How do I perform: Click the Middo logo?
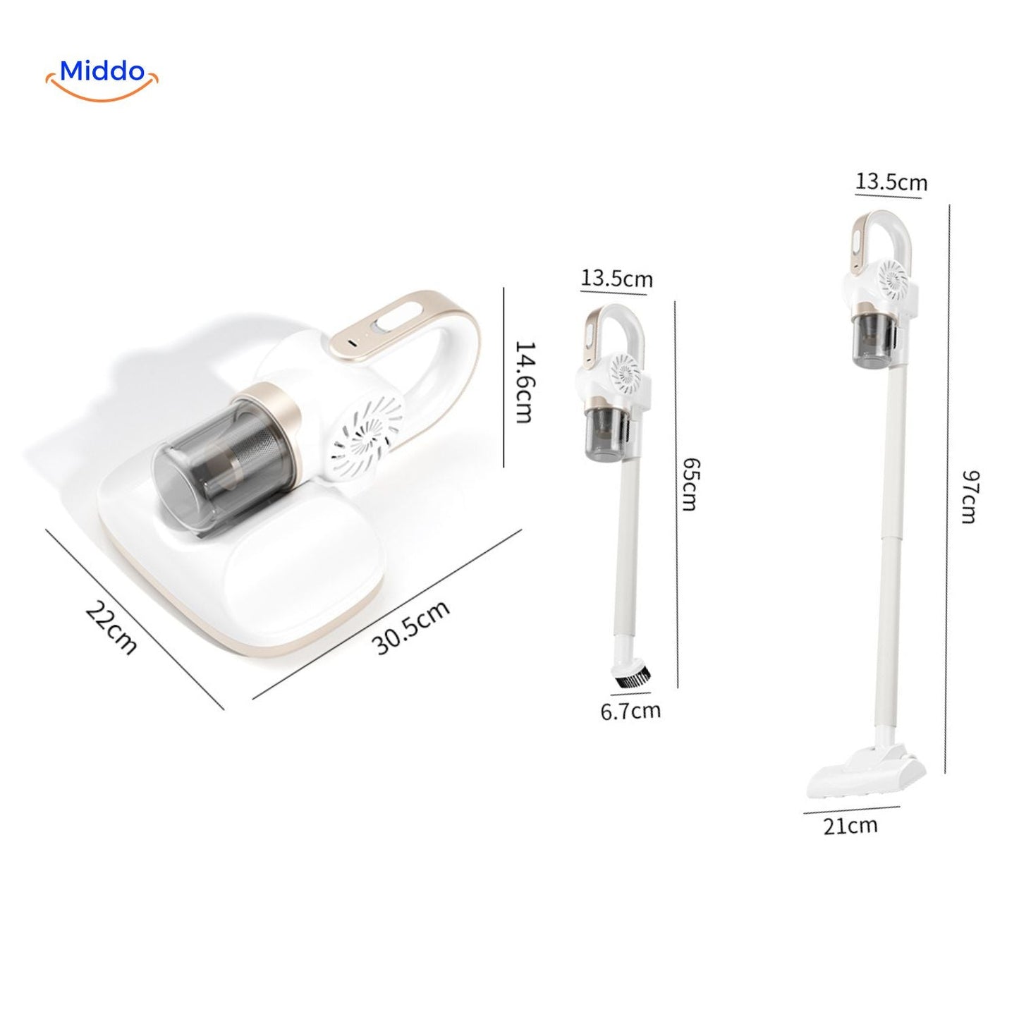pos(102,79)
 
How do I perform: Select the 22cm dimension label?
pos(111,627)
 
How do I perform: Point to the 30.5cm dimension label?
pos(410,628)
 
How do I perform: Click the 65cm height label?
pos(689,483)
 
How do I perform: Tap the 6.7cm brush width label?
pos(631,710)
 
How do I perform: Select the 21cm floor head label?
pos(850,825)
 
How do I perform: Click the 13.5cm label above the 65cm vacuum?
pos(616,278)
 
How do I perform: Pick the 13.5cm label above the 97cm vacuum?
pos(891,182)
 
